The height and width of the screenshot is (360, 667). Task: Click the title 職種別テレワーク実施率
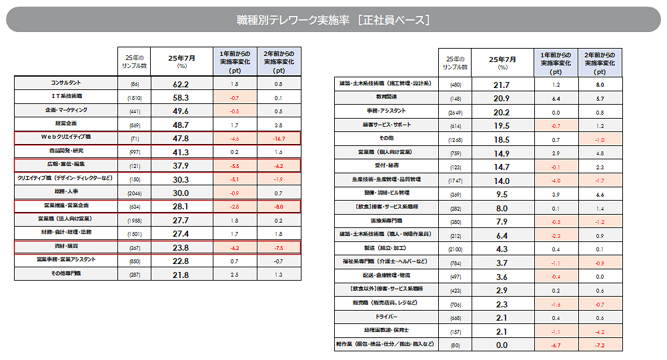coord(333,20)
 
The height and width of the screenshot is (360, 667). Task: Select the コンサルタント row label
coord(66,84)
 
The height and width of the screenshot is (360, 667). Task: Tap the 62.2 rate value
coord(181,85)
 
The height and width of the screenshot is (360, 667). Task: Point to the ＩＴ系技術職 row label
coord(66,97)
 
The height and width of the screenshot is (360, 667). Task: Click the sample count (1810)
coord(133,97)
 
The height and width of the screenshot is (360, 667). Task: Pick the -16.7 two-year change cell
coord(278,139)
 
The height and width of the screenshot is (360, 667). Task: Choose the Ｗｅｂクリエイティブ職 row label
coord(66,138)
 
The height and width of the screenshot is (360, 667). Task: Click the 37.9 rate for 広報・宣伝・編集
coord(181,166)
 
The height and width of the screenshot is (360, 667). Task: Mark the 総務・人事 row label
coord(66,192)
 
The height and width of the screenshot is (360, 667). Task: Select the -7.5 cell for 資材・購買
coord(278,248)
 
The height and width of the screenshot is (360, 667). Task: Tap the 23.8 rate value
coord(181,248)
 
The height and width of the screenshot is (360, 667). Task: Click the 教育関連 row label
coord(386,97)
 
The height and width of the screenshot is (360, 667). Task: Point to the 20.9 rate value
coord(502,98)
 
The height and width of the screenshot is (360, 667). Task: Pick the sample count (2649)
coord(456,113)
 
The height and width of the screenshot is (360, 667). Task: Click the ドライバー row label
coord(386,317)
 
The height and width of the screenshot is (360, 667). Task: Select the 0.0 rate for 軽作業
coord(502,345)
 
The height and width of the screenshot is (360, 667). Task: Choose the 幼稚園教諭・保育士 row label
coord(386,331)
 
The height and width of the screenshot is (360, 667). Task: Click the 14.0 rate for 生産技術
coord(502,181)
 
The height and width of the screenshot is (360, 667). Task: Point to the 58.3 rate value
coord(181,97)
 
